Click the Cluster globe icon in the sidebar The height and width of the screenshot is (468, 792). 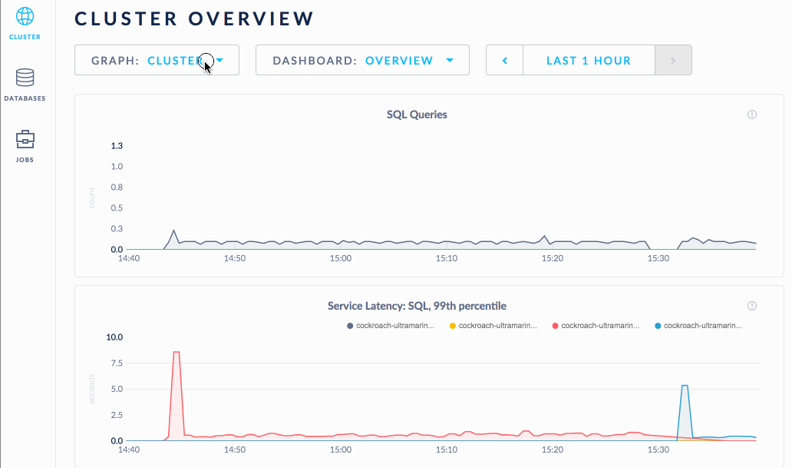tap(25, 17)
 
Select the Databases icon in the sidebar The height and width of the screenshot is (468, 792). tap(25, 78)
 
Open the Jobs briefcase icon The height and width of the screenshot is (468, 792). tap(25, 139)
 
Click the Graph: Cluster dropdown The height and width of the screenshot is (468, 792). tap(157, 60)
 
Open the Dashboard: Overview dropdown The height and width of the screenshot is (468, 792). tap(362, 60)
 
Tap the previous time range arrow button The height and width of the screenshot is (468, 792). tap(505, 60)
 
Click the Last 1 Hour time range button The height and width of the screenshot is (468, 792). tap(589, 60)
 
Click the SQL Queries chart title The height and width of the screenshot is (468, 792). tap(417, 115)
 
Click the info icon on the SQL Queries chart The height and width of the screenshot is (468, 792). tap(752, 115)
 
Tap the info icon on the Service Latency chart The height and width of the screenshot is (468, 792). tap(752, 306)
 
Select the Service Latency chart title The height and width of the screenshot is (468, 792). tap(417, 306)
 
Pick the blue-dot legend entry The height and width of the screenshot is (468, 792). tap(699, 326)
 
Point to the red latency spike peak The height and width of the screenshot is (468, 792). tap(177, 352)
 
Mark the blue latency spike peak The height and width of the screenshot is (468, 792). tap(684, 386)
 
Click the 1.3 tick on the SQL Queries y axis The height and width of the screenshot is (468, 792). tap(117, 146)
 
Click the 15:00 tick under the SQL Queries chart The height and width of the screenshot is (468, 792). tap(340, 259)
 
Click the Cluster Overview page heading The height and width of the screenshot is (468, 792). tap(194, 19)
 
